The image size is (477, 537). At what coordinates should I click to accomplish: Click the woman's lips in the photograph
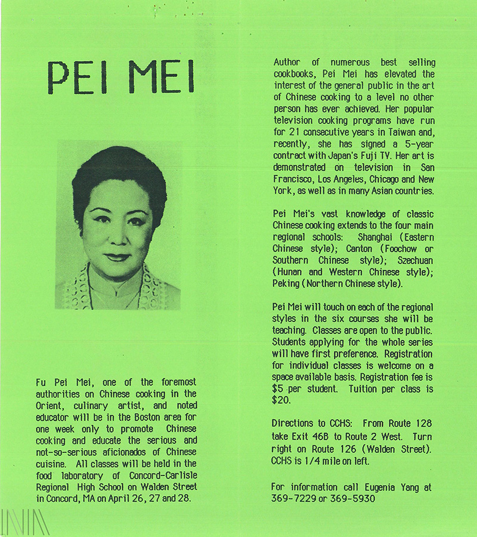click(x=117, y=257)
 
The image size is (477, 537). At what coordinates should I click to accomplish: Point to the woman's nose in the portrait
click(x=117, y=239)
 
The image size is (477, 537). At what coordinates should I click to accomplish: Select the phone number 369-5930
click(x=354, y=498)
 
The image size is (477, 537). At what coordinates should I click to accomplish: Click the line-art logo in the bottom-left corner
click(x=25, y=522)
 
